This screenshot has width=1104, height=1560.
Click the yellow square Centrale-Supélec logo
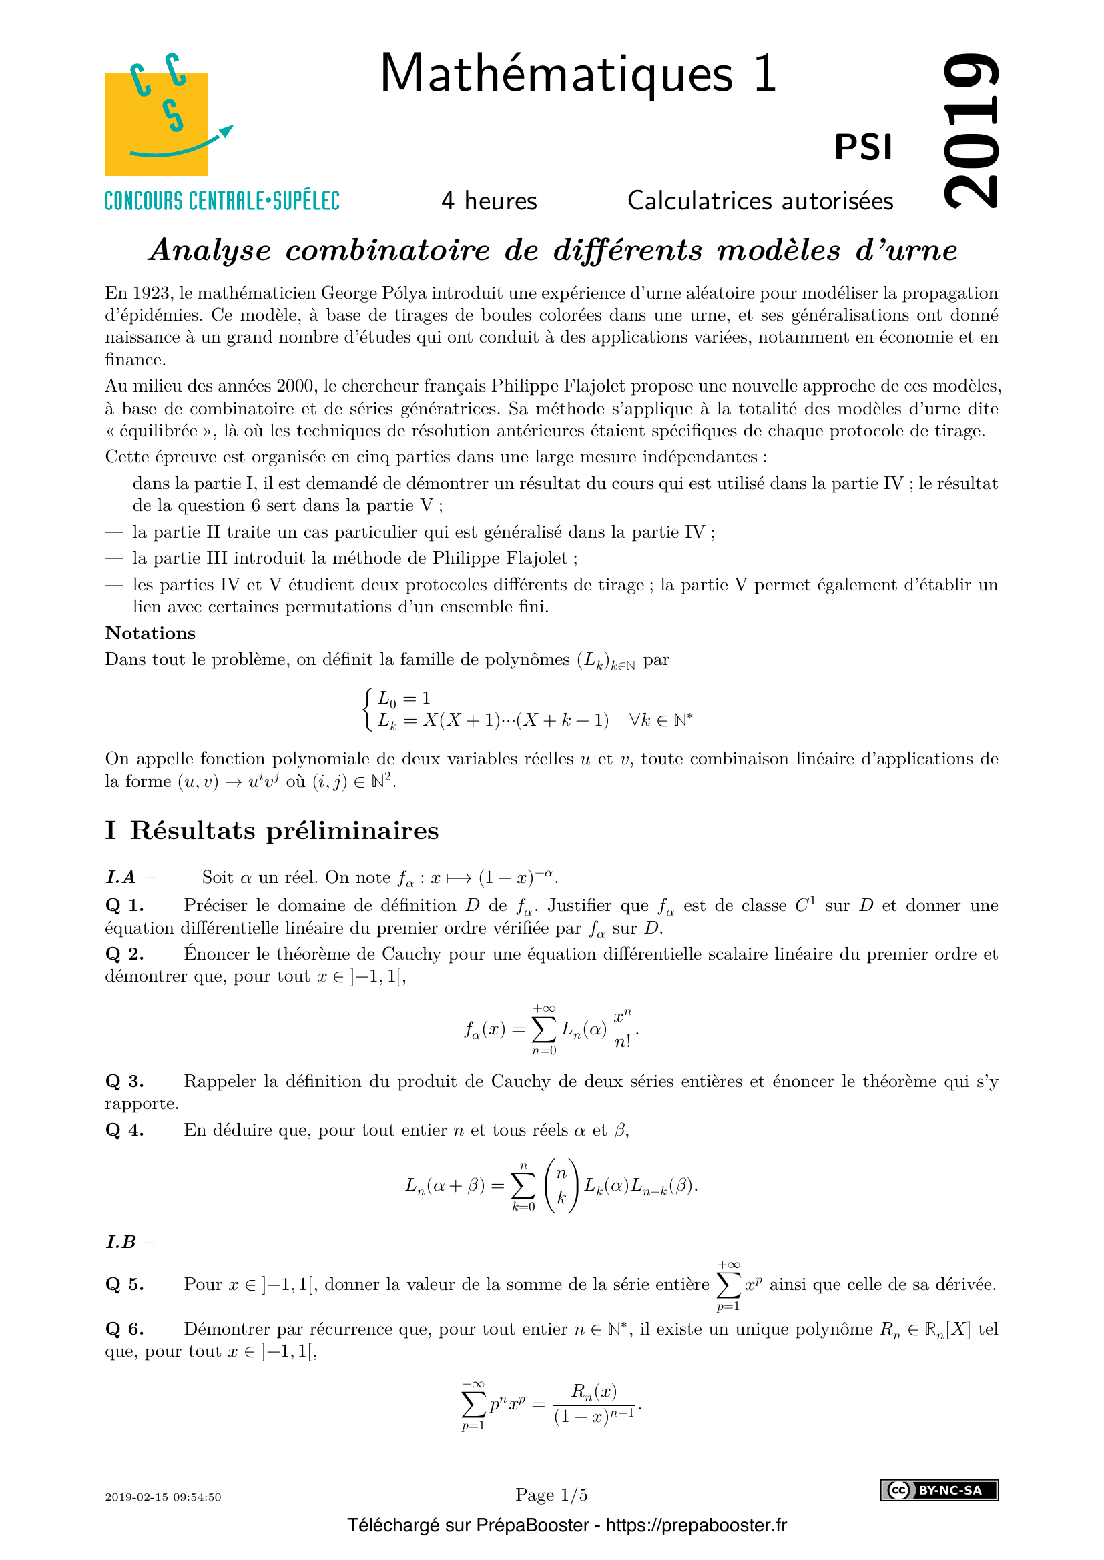click(156, 123)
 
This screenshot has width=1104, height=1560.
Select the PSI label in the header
click(863, 147)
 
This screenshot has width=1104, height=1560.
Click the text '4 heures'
click(489, 201)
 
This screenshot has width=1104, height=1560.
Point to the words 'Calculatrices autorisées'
click(760, 201)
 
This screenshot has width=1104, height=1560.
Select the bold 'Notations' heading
click(150, 633)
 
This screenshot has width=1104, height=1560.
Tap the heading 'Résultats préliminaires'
click(284, 831)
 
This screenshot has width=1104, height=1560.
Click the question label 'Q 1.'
click(124, 906)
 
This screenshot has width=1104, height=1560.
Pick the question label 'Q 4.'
click(124, 1130)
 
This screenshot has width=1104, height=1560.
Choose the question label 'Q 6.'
click(124, 1329)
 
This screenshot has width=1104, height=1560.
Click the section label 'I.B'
click(121, 1242)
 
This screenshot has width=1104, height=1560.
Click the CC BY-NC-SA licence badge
click(939, 1490)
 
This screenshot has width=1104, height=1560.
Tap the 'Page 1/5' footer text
click(551, 1495)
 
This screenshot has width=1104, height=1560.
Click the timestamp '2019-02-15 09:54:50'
click(163, 1497)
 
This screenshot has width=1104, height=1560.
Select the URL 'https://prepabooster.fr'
click(696, 1525)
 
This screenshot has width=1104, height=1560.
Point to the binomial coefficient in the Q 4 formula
click(561, 1186)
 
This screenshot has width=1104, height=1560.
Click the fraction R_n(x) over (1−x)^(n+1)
click(594, 1404)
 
